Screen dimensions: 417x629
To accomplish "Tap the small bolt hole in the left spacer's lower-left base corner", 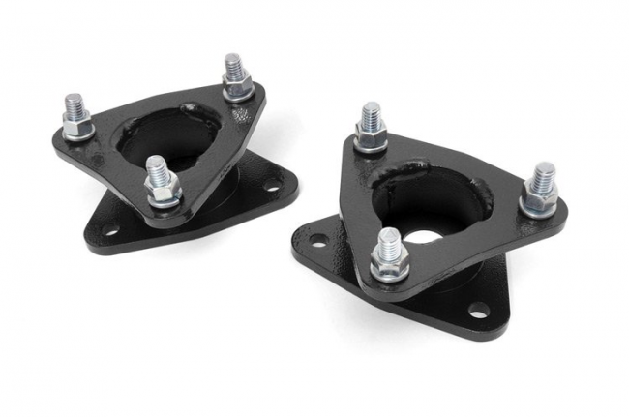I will pyautogui.click(x=109, y=230).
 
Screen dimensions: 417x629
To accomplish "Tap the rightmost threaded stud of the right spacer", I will pyautogui.click(x=544, y=176).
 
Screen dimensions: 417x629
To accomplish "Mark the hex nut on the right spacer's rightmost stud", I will pyautogui.click(x=540, y=201).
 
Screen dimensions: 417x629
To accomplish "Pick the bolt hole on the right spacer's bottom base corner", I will pyautogui.click(x=477, y=311).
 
